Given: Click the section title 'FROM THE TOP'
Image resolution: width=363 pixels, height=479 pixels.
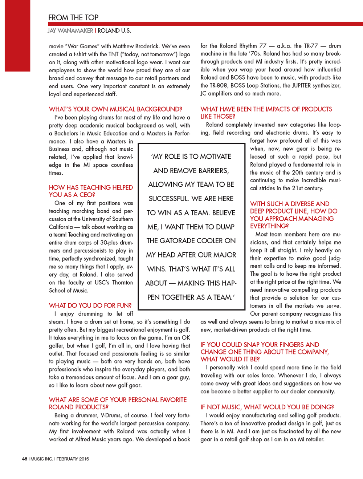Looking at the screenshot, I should click(x=73, y=17).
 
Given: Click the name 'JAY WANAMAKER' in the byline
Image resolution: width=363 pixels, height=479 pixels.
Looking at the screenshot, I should click(x=70, y=31).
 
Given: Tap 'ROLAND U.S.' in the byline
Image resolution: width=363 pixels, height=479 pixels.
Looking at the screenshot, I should click(x=114, y=31).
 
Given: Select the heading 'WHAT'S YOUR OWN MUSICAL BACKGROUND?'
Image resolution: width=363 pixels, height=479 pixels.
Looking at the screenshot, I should click(x=115, y=109).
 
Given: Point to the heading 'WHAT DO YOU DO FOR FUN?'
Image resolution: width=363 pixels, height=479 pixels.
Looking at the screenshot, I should click(x=90, y=305).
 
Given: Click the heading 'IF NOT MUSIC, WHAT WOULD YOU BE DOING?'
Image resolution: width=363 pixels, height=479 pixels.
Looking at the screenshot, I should click(x=267, y=407).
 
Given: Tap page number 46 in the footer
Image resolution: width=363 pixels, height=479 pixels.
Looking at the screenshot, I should click(x=24, y=459).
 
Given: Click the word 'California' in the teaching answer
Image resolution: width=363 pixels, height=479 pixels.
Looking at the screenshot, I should click(x=61, y=227).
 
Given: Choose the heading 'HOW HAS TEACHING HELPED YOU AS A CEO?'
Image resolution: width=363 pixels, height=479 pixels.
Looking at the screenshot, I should click(x=91, y=191).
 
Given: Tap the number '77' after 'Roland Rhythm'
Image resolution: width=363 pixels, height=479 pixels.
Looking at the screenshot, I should click(x=263, y=46).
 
